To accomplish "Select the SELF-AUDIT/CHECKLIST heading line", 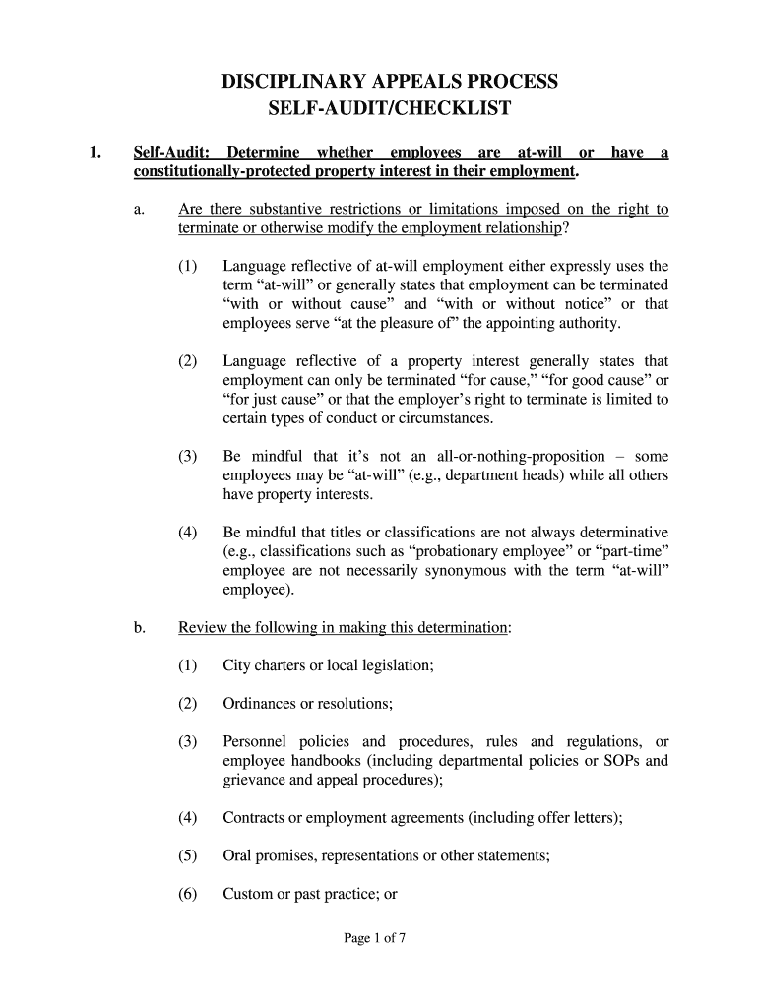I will [x=389, y=108].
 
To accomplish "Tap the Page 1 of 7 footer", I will [x=374, y=938].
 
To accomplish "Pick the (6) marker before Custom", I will [x=188, y=894].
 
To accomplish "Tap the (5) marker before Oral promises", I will [x=188, y=855].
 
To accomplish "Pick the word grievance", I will [x=255, y=779].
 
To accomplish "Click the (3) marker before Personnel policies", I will [x=188, y=741].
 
